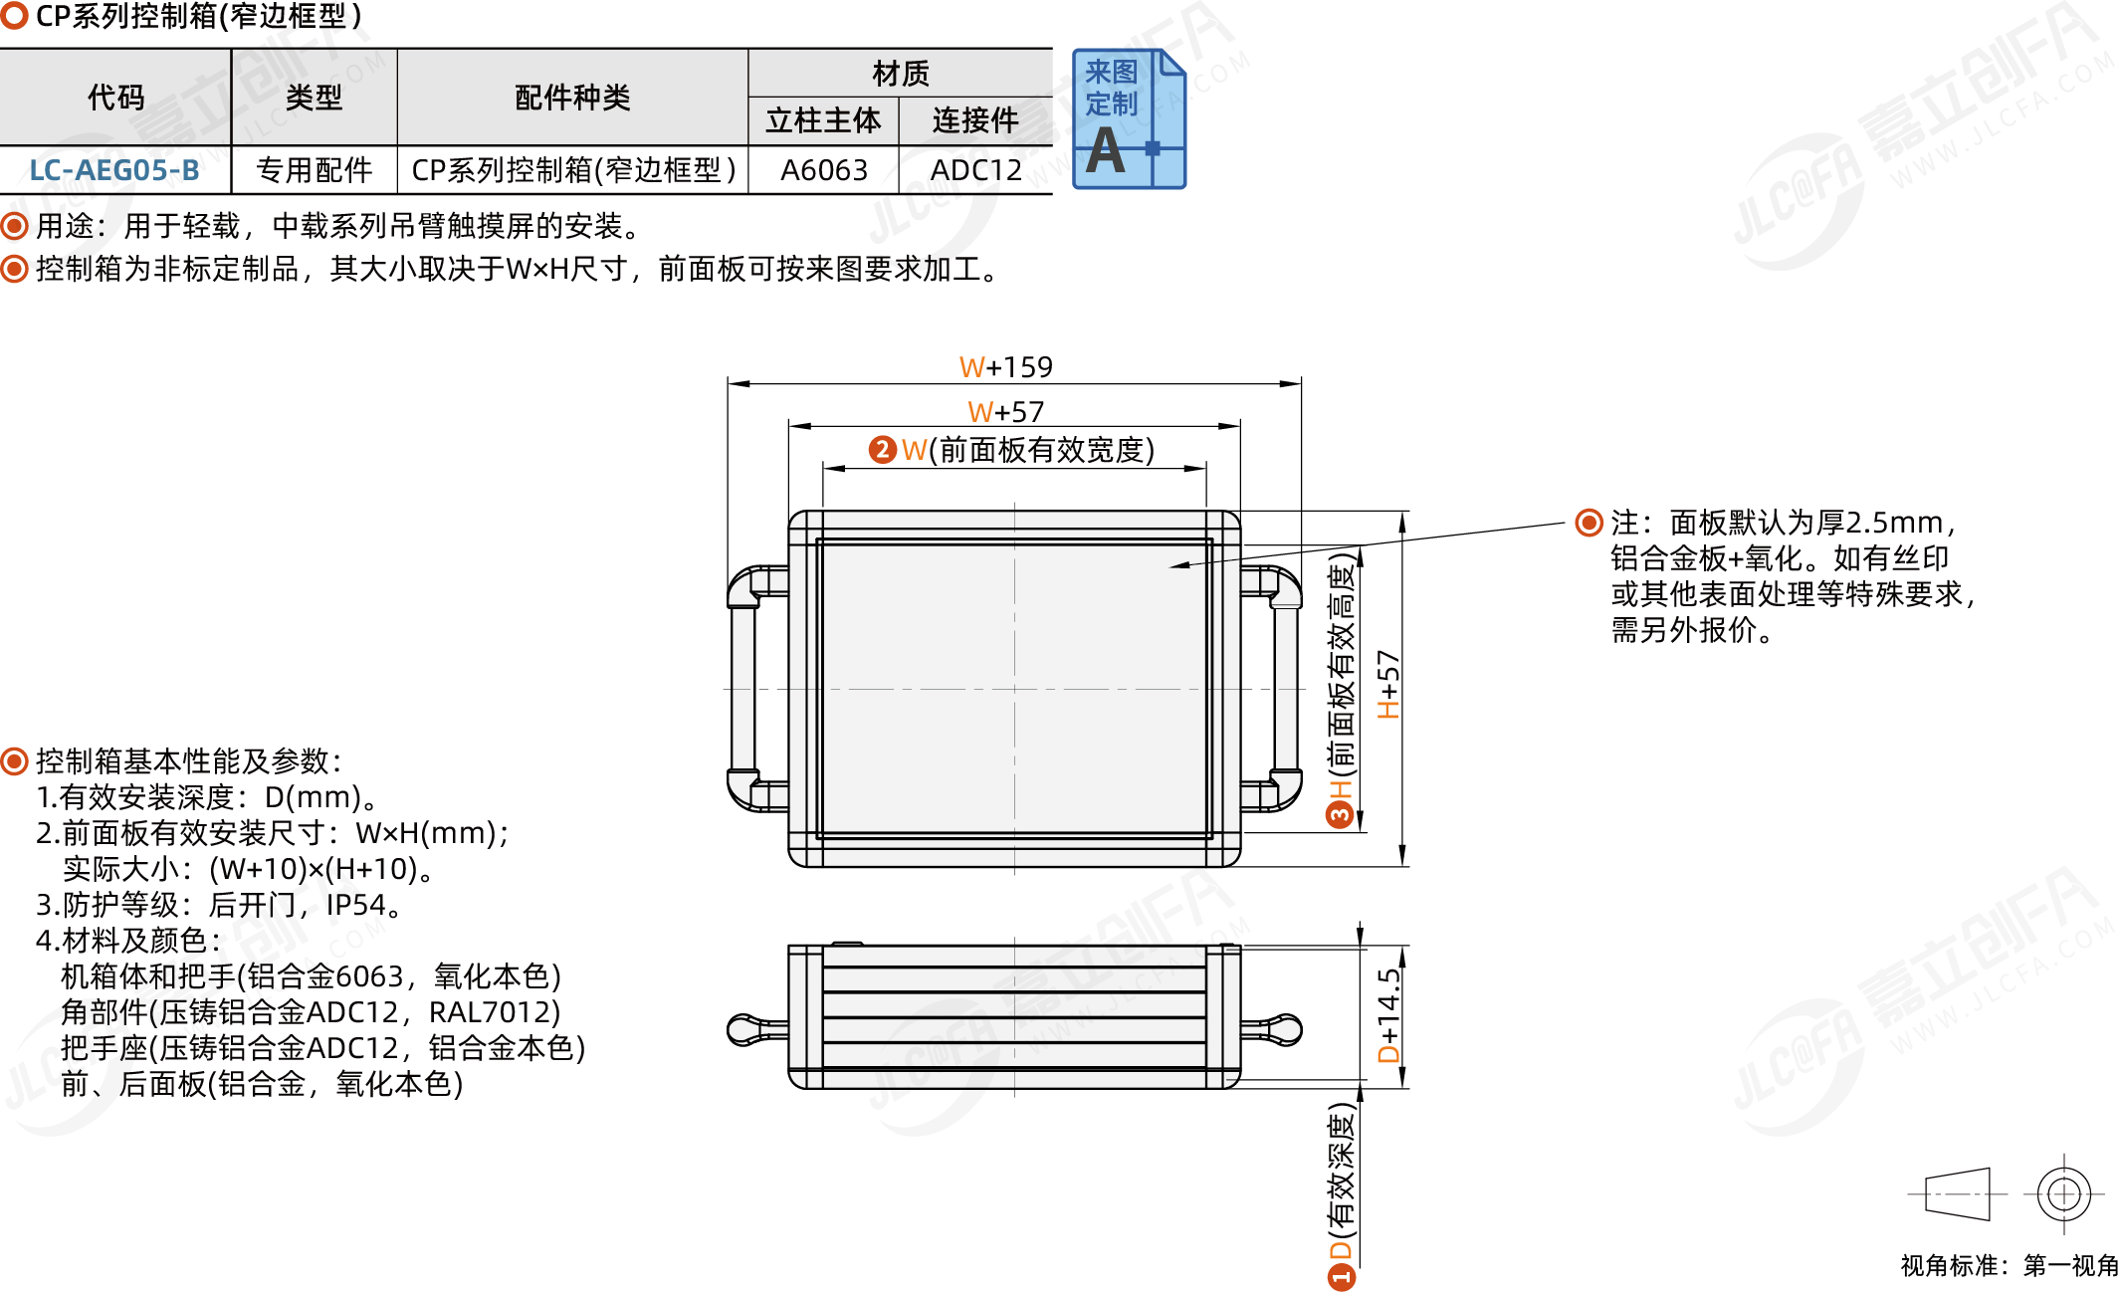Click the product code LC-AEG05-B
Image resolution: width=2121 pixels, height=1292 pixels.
(x=114, y=170)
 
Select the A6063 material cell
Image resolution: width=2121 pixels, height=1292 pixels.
(x=823, y=170)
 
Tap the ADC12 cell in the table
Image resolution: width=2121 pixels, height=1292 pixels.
(x=975, y=170)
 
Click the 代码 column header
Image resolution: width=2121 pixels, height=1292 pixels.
(x=115, y=98)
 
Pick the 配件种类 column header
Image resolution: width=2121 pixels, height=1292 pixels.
(x=572, y=98)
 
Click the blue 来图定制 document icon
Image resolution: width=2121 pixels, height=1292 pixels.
(x=1129, y=119)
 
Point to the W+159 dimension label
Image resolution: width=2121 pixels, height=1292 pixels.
(x=1005, y=367)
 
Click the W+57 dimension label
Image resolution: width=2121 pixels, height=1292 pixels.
(x=1005, y=411)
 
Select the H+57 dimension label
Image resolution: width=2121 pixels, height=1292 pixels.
(x=1388, y=685)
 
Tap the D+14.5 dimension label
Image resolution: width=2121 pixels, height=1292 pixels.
(x=1388, y=1015)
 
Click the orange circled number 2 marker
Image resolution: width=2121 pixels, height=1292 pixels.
(x=882, y=450)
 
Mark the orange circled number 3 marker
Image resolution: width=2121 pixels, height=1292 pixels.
(x=1341, y=815)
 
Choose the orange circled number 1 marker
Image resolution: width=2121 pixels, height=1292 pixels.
(x=1342, y=1275)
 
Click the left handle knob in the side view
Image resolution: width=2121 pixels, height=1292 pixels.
(x=743, y=1029)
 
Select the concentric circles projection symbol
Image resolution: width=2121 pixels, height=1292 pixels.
(x=2063, y=1192)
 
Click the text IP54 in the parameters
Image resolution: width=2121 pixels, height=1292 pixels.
(x=355, y=905)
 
